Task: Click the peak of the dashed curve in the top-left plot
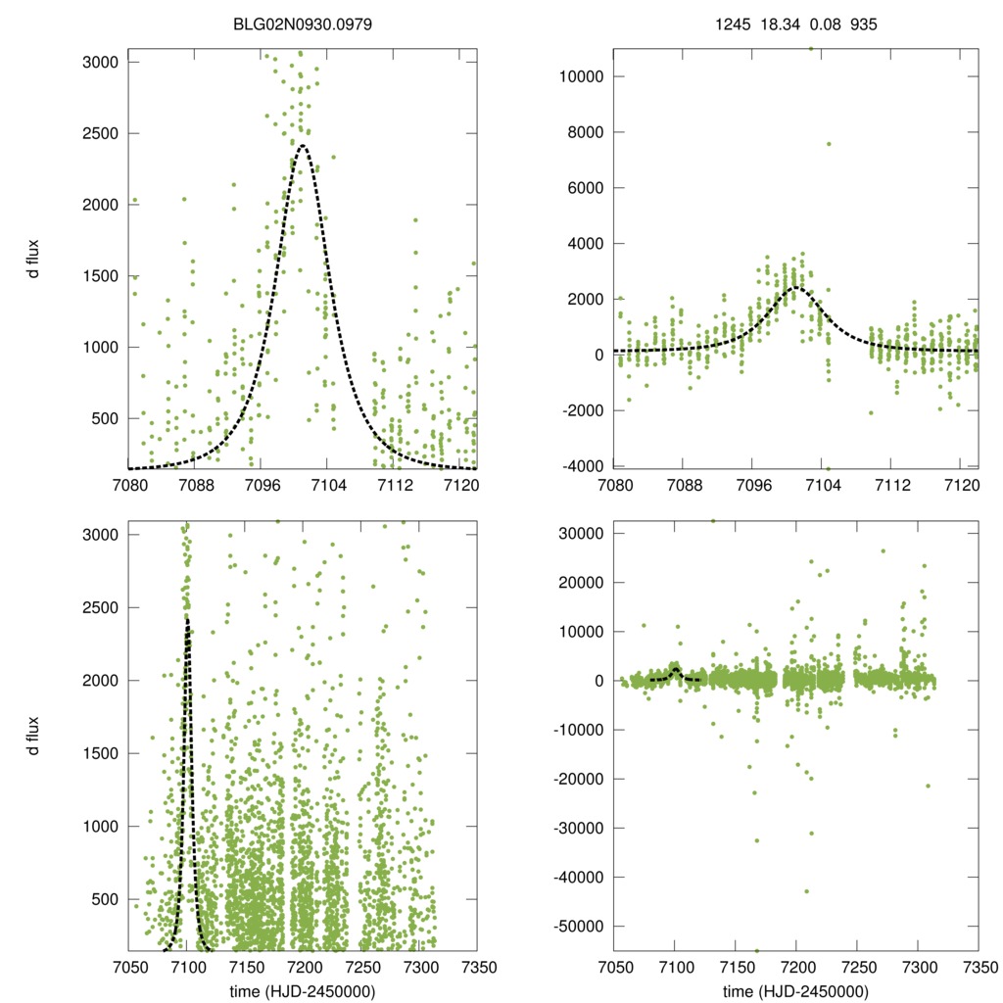point(303,146)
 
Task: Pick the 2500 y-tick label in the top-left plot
point(101,133)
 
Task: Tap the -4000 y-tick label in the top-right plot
point(583,465)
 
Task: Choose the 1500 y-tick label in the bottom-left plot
point(101,753)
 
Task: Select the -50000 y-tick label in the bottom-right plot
point(579,926)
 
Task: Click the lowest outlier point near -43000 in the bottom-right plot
point(806,890)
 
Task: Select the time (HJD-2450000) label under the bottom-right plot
point(795,990)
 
